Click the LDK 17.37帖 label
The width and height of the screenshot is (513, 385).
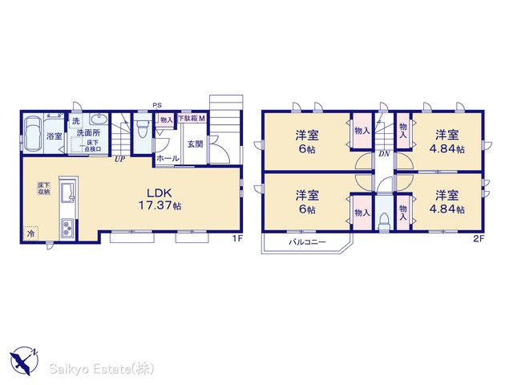point(160,199)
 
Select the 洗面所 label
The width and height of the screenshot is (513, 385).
point(88,133)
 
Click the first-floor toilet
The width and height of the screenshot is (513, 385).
point(142,128)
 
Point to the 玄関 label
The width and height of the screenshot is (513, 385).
point(195,144)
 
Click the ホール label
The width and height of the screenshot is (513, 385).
point(168,159)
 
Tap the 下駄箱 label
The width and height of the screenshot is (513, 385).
point(188,118)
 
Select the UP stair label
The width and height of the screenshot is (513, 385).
point(119,160)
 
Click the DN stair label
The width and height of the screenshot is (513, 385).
point(385,153)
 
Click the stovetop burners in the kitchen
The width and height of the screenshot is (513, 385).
point(67,228)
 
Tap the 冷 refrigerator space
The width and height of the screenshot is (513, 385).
point(31,234)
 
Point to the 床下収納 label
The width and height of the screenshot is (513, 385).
point(43,188)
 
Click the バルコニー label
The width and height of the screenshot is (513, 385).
point(307,242)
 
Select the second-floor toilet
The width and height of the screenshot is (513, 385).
point(383,221)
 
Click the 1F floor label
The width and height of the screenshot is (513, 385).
point(238,239)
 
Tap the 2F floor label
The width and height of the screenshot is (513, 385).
point(479,239)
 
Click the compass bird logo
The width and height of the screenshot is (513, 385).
point(23,361)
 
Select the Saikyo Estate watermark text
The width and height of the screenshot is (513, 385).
point(102,369)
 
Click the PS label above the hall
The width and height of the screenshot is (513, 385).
point(157,105)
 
